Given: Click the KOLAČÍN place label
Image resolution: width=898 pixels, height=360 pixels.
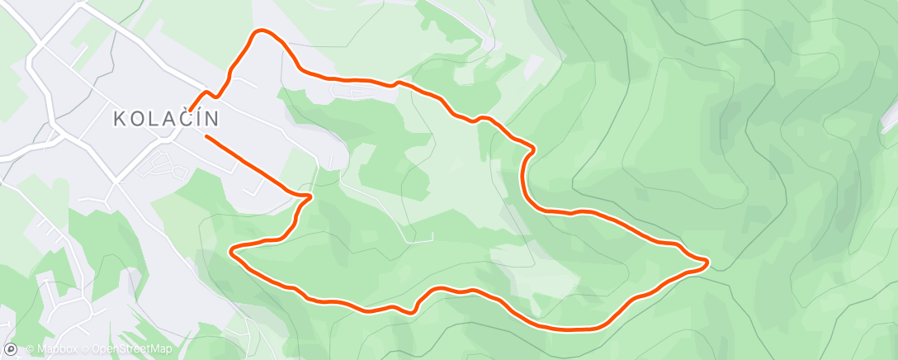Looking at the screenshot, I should [x=166, y=120].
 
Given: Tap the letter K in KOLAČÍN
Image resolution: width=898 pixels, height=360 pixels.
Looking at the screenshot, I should [x=119, y=120].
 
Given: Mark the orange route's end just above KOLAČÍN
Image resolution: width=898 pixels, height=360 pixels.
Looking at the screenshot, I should [x=191, y=109].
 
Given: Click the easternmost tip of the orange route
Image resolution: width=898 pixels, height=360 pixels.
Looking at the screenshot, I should [x=707, y=263].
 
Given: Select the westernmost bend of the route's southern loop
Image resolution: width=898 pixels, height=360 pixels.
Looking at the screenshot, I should [x=231, y=250].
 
